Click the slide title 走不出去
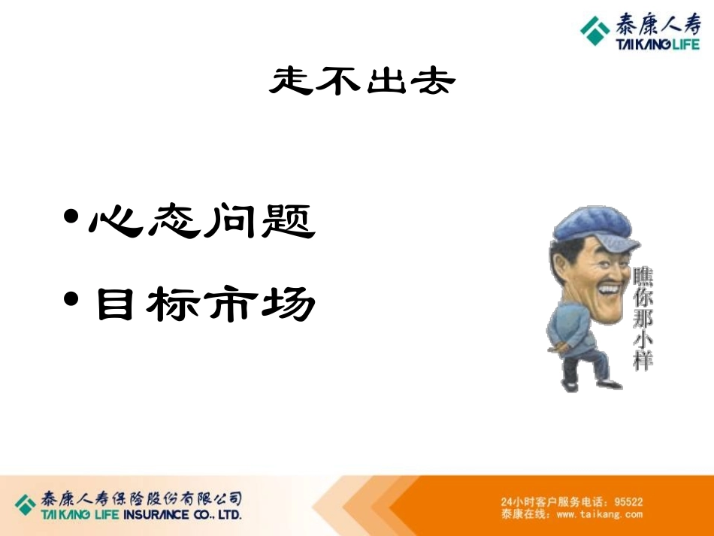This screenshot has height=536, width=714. coord(362,81)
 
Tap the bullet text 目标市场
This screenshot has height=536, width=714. coord(204,304)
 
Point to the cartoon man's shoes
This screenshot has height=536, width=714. coord(594,384)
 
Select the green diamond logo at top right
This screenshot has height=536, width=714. coord(595,32)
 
